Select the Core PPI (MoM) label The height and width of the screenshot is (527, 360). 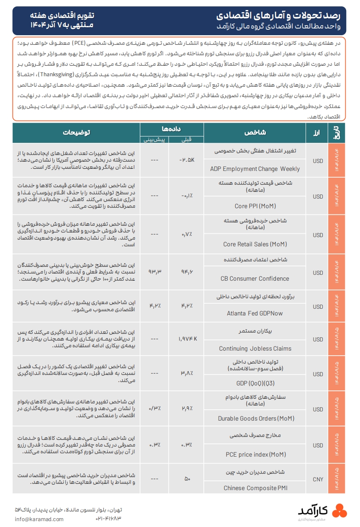(255, 206)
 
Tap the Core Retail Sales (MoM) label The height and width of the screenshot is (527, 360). (255, 244)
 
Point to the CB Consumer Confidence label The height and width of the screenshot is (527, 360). (255, 279)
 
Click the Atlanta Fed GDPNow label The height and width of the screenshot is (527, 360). (255, 313)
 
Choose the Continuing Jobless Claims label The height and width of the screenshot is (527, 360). (255, 349)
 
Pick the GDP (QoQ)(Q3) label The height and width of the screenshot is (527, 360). (255, 383)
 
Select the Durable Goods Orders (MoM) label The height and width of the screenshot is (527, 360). (256, 418)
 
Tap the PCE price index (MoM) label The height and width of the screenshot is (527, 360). (256, 454)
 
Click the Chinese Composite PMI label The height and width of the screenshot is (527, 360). (255, 488)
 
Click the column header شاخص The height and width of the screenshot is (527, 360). (255, 133)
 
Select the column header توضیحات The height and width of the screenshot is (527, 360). (77, 133)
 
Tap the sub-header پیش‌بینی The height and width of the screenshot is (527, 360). (155, 139)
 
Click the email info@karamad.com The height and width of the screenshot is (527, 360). (39, 519)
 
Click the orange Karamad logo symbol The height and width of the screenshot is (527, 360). (339, 511)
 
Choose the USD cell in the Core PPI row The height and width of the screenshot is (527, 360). (318, 195)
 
